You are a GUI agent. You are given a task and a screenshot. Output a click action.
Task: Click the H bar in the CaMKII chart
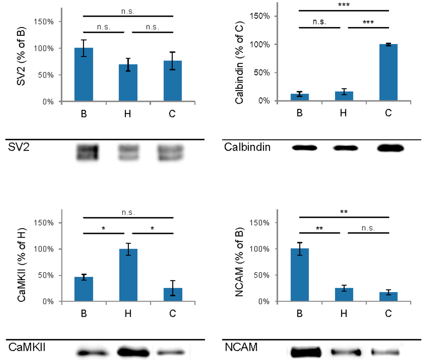click(128, 275)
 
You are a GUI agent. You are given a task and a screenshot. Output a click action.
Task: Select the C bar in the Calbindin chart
click(388, 72)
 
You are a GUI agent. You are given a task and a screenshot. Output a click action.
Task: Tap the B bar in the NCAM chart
click(300, 275)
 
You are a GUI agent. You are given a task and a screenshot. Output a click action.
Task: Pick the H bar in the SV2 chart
click(128, 82)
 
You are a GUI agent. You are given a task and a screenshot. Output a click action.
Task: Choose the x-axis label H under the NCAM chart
click(343, 313)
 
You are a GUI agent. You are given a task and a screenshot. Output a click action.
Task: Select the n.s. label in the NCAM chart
click(368, 228)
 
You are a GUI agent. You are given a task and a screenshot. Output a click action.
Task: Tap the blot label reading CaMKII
click(26, 348)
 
